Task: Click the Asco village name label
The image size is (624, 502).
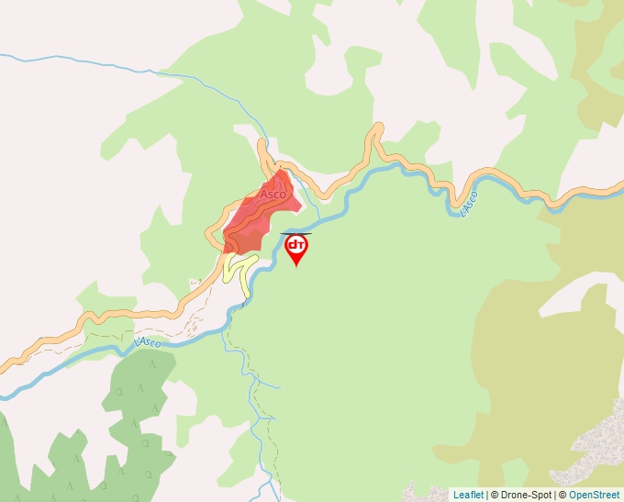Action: pos(273,195)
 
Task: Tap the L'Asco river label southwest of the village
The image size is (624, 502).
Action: pos(147,342)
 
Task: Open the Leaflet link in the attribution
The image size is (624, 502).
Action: pos(468,495)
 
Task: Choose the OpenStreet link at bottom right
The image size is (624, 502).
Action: pos(596,495)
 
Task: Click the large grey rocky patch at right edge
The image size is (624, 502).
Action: pos(602,441)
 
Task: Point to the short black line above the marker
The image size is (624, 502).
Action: pos(295,233)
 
